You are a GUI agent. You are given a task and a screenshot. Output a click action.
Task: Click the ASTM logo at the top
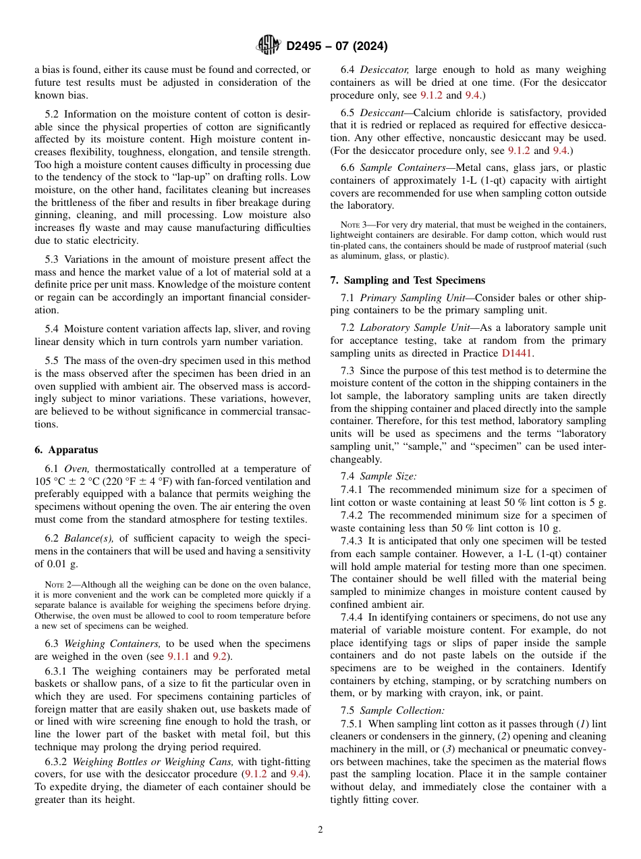pyautogui.click(x=269, y=46)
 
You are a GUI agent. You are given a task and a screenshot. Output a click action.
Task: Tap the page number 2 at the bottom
pyautogui.click(x=320, y=830)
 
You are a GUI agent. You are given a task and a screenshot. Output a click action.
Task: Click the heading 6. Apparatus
pyautogui.click(x=66, y=450)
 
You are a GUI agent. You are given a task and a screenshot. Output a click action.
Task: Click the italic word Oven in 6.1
pyautogui.click(x=77, y=469)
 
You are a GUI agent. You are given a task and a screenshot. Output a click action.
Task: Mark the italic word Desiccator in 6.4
pyautogui.click(x=385, y=70)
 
